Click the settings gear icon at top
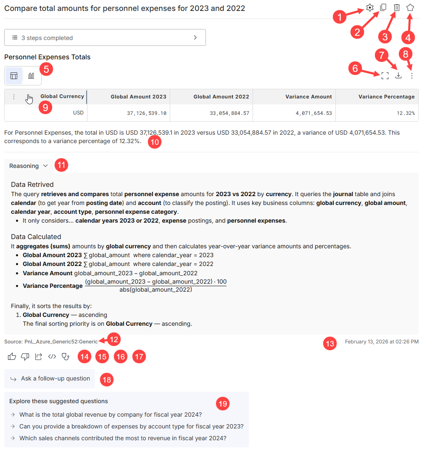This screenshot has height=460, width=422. [370, 8]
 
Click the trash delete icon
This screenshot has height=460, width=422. [396, 8]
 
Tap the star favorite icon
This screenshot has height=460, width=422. [410, 8]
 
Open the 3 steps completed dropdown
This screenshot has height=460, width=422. [105, 37]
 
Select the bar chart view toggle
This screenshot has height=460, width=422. [31, 76]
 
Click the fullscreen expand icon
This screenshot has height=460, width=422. [385, 76]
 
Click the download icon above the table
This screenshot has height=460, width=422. [398, 75]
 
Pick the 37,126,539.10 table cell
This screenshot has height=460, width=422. [147, 113]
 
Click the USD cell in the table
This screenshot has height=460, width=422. [78, 113]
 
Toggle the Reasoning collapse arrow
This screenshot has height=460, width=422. [45, 166]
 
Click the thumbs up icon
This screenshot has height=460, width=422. [12, 356]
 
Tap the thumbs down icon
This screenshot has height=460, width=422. [25, 356]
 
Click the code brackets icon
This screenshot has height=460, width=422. [52, 356]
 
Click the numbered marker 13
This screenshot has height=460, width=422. [330, 344]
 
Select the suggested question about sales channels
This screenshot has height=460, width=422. [123, 438]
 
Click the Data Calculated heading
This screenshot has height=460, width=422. [36, 237]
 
